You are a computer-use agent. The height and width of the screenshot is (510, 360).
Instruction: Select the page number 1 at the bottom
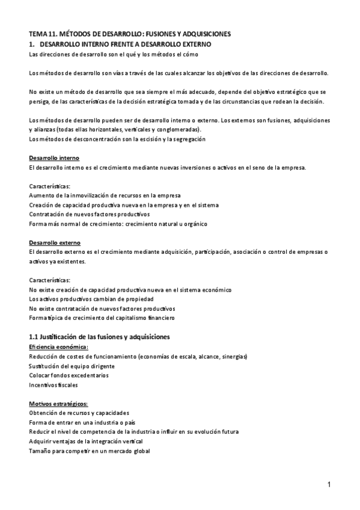tap(329, 485)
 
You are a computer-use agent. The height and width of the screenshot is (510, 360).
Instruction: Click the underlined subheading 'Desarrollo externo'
tap(54, 242)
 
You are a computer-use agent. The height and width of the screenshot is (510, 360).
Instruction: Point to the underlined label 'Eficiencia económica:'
tap(58, 347)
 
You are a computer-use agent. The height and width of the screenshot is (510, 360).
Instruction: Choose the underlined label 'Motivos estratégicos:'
tap(58, 404)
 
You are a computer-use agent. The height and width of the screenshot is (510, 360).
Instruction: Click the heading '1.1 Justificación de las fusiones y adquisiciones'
tap(99, 336)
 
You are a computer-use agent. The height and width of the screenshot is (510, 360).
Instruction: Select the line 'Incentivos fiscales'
tap(53, 385)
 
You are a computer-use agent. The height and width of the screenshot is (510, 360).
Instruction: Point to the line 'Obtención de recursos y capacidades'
tap(79, 413)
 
